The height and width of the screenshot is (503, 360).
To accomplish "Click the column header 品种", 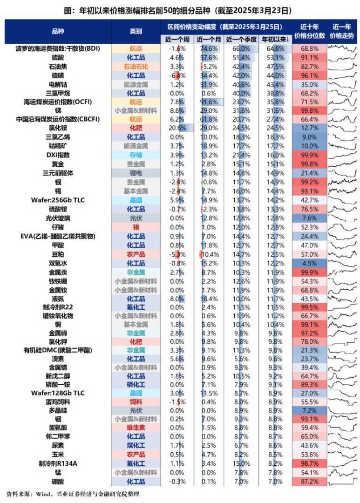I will click(58, 31).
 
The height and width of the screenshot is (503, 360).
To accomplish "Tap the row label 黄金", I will click(58, 164).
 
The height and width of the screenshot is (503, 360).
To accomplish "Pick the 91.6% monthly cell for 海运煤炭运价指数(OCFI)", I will click(210, 102).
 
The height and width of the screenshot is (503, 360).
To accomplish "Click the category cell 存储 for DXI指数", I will click(136, 155).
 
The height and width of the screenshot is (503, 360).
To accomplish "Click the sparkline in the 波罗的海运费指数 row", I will click(343, 48).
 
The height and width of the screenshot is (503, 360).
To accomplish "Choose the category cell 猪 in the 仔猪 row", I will click(136, 227).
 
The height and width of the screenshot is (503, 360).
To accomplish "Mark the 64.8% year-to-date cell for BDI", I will click(274, 48).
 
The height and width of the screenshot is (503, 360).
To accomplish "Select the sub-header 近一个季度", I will click(241, 39).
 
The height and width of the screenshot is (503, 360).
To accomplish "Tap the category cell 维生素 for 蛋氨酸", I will click(136, 428).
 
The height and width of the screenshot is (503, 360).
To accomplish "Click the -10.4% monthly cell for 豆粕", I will click(210, 254).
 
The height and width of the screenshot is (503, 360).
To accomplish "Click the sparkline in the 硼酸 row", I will click(343, 481).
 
